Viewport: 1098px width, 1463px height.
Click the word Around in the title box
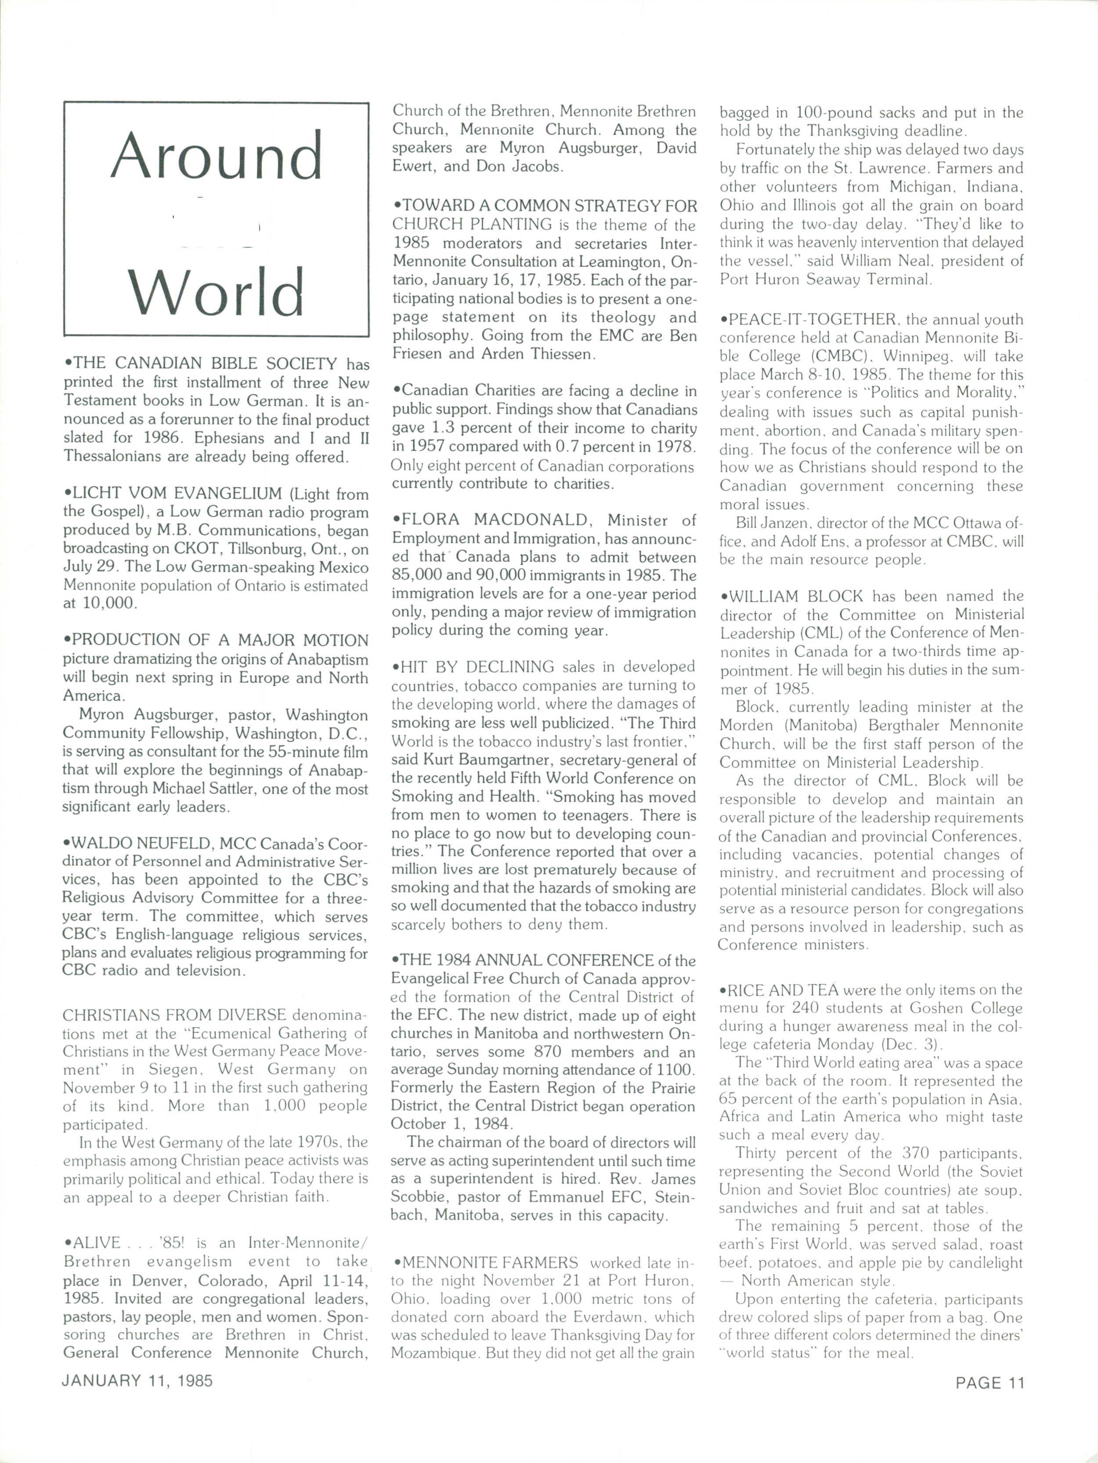click(216, 157)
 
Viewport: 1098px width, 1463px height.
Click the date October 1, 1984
click(451, 1124)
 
